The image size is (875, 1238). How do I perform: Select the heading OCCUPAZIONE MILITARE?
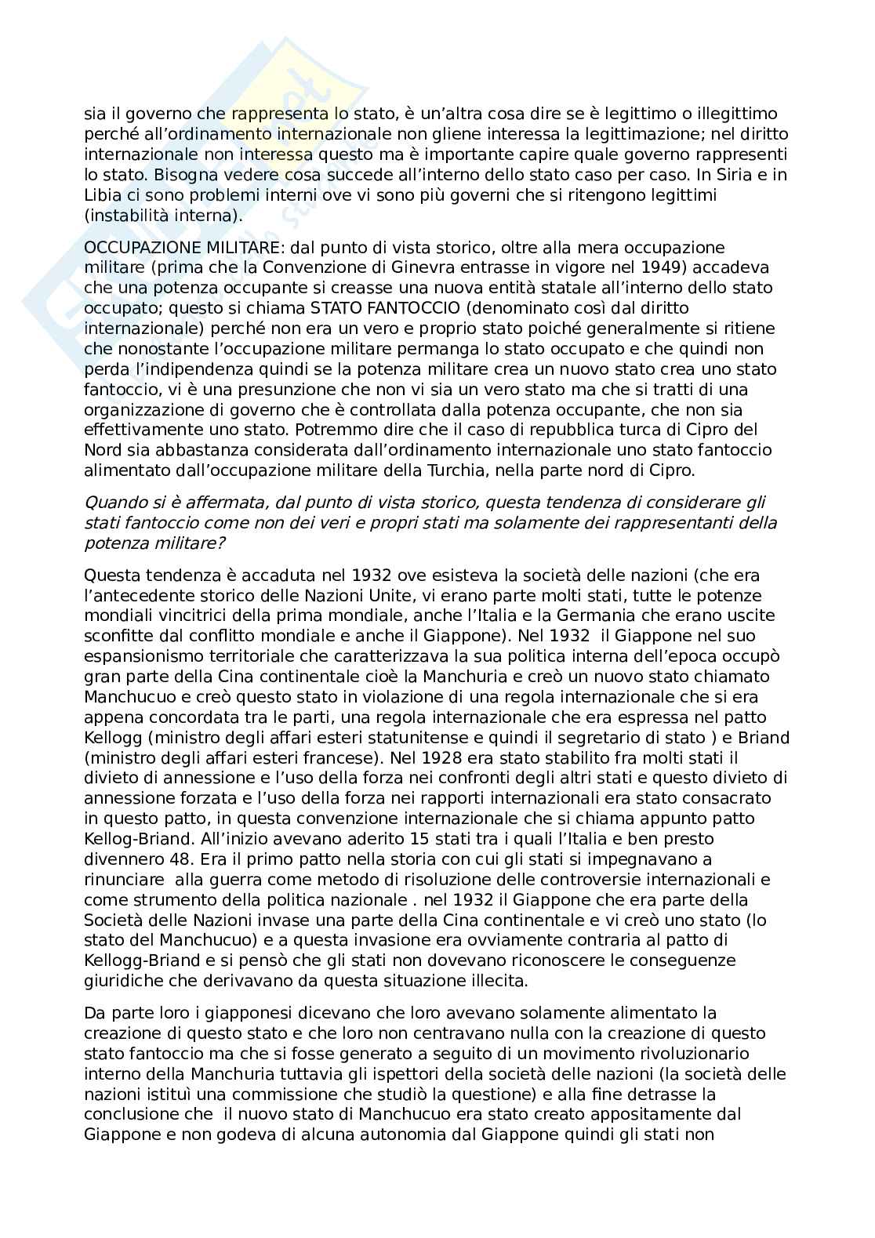[185, 247]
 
